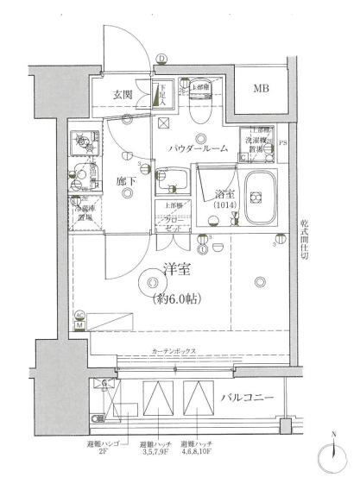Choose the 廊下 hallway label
127,181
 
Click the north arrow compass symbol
332,455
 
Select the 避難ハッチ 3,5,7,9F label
158,447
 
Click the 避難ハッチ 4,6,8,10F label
199,447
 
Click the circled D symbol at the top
161,59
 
